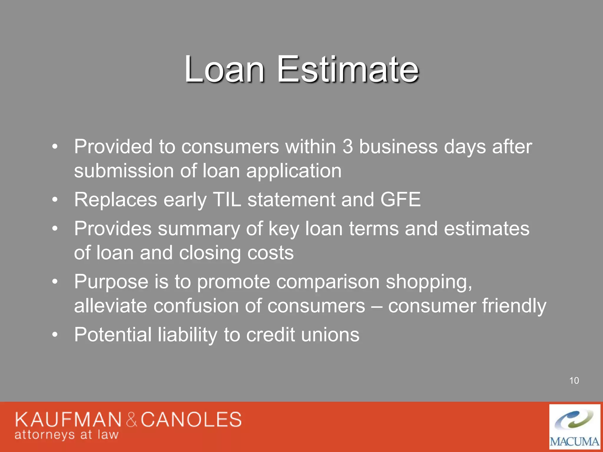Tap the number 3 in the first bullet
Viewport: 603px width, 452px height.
coord(347,147)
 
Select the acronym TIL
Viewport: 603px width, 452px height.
coord(227,200)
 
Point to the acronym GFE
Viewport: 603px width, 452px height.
coord(400,200)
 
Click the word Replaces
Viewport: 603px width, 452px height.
coord(115,200)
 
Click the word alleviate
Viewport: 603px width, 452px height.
coord(110,306)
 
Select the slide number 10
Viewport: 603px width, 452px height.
coord(574,381)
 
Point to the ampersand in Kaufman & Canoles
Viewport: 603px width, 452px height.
coord(132,420)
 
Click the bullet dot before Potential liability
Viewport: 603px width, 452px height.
coord(55,335)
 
